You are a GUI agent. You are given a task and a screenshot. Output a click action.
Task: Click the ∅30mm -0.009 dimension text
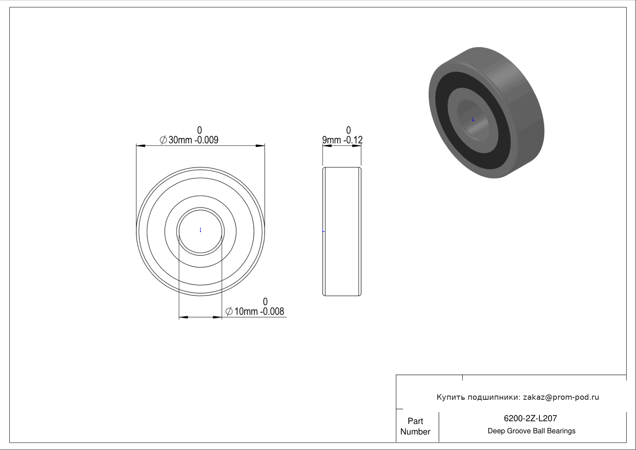[189, 140]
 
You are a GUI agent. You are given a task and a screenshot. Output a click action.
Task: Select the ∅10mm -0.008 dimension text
[255, 312]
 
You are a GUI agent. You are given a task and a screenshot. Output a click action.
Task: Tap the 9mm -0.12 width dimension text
[342, 140]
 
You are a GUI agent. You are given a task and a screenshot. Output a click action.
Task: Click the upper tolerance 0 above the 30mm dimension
[200, 130]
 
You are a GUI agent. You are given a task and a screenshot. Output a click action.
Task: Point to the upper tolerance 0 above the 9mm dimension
[348, 130]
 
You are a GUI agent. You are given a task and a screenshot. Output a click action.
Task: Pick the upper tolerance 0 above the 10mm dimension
[265, 302]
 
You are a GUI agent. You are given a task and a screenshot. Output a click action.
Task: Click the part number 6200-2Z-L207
[530, 418]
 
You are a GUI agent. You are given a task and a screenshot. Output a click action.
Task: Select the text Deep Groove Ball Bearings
[531, 431]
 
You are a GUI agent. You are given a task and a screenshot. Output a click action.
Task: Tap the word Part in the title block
[415, 421]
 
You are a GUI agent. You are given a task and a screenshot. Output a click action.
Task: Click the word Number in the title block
[415, 432]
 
